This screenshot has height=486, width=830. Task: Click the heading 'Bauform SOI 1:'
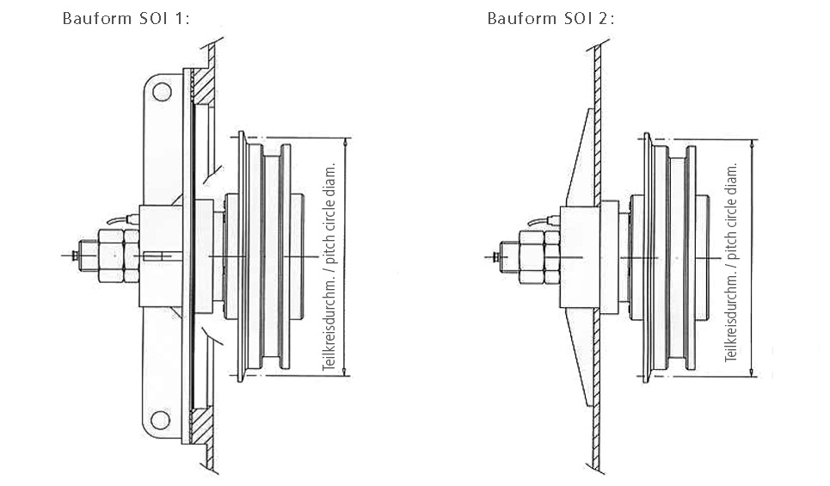(126, 19)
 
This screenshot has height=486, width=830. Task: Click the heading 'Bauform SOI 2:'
(551, 19)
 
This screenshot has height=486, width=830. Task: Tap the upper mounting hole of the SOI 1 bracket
(162, 92)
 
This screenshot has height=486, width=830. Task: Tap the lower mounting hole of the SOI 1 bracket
(160, 420)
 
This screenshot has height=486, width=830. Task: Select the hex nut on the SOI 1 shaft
(118, 255)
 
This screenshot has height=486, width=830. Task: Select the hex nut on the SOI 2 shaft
(539, 257)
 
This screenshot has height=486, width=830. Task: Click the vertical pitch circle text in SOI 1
(329, 267)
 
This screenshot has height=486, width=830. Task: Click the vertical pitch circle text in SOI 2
(732, 262)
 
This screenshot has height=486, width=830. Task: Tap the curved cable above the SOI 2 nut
(544, 221)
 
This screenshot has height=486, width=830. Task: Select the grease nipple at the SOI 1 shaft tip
(75, 255)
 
